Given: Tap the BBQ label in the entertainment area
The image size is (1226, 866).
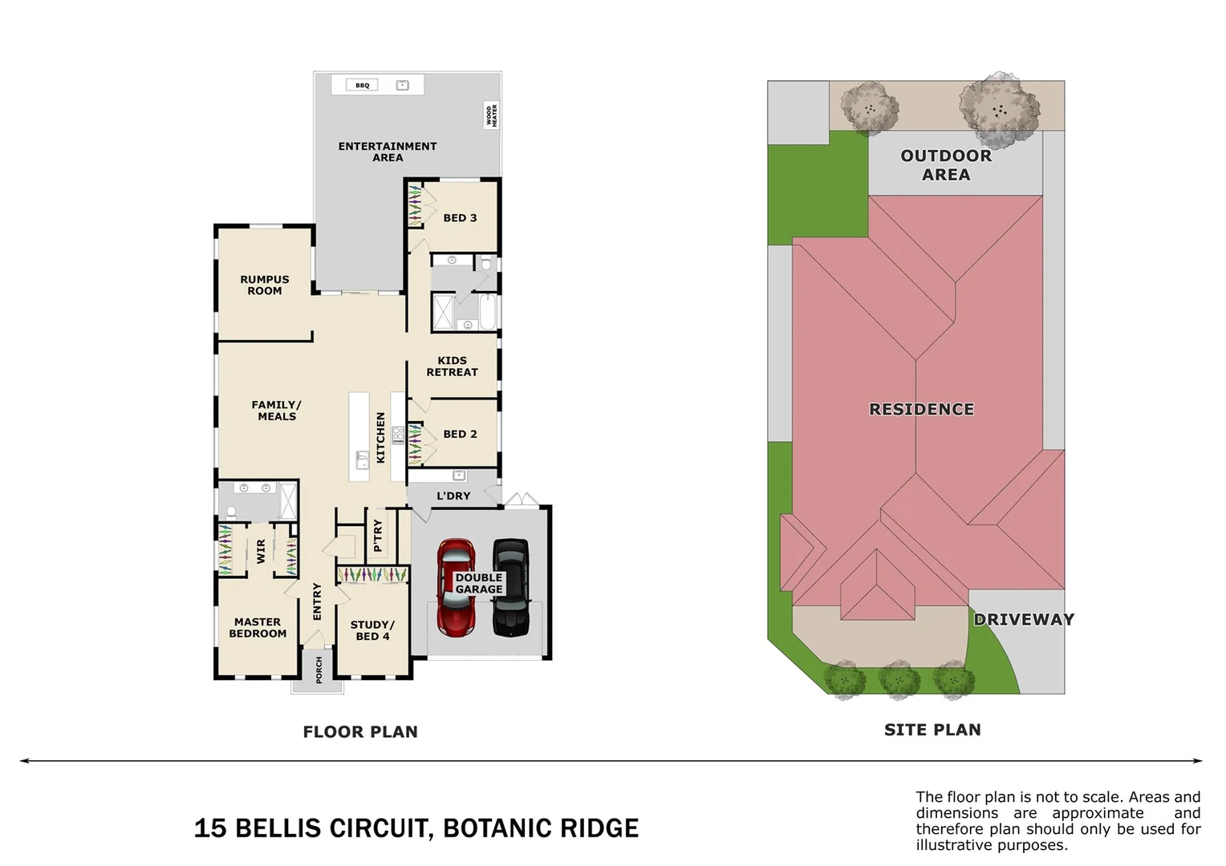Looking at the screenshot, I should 363,85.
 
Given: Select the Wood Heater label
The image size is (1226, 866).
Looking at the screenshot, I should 491,115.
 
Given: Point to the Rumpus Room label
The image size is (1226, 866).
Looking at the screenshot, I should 264,285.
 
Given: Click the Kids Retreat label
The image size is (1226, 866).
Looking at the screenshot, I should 452,366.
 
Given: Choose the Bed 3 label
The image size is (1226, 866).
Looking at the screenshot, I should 460,218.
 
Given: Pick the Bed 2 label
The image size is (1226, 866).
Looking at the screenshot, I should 460,434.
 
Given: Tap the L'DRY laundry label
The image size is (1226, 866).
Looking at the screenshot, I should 453,496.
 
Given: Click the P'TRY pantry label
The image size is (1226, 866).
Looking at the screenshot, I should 378,535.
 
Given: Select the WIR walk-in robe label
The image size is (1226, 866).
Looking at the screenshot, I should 260,551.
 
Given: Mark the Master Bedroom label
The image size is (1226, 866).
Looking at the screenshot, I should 258,628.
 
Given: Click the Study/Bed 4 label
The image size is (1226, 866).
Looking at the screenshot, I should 372,630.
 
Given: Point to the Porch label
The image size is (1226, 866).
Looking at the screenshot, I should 319,670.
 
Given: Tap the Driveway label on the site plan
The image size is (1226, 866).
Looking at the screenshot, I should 1024,619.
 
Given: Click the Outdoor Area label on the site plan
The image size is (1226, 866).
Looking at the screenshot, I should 946,165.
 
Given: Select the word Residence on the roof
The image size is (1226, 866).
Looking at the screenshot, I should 921,410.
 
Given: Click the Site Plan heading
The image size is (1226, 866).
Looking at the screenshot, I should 932,730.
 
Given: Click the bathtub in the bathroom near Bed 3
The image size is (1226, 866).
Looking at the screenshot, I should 488,311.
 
